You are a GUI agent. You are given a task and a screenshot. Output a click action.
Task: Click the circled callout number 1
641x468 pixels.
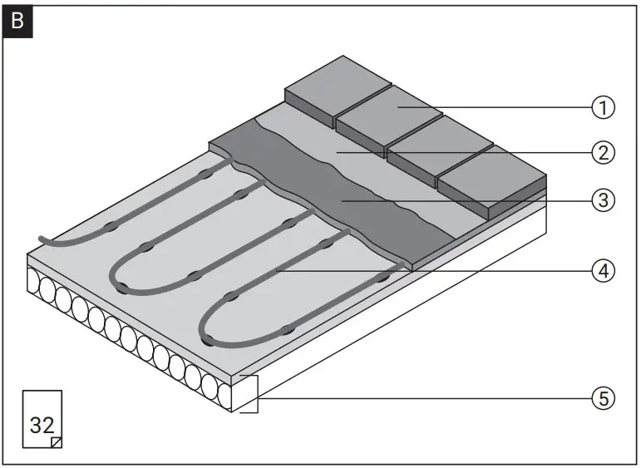[603, 106]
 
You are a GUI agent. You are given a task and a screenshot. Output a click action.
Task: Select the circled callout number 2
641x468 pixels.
[603, 152]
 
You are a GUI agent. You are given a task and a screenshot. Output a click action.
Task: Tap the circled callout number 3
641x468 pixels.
[603, 200]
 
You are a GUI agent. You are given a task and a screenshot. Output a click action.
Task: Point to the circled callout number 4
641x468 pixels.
[603, 270]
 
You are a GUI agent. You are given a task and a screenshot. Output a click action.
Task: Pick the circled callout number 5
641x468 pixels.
[603, 398]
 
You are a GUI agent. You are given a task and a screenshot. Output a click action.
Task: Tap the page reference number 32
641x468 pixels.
[42, 424]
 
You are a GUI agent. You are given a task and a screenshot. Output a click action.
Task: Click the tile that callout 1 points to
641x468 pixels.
[389, 109]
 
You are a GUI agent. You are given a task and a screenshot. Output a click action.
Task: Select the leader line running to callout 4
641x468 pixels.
[432, 270]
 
